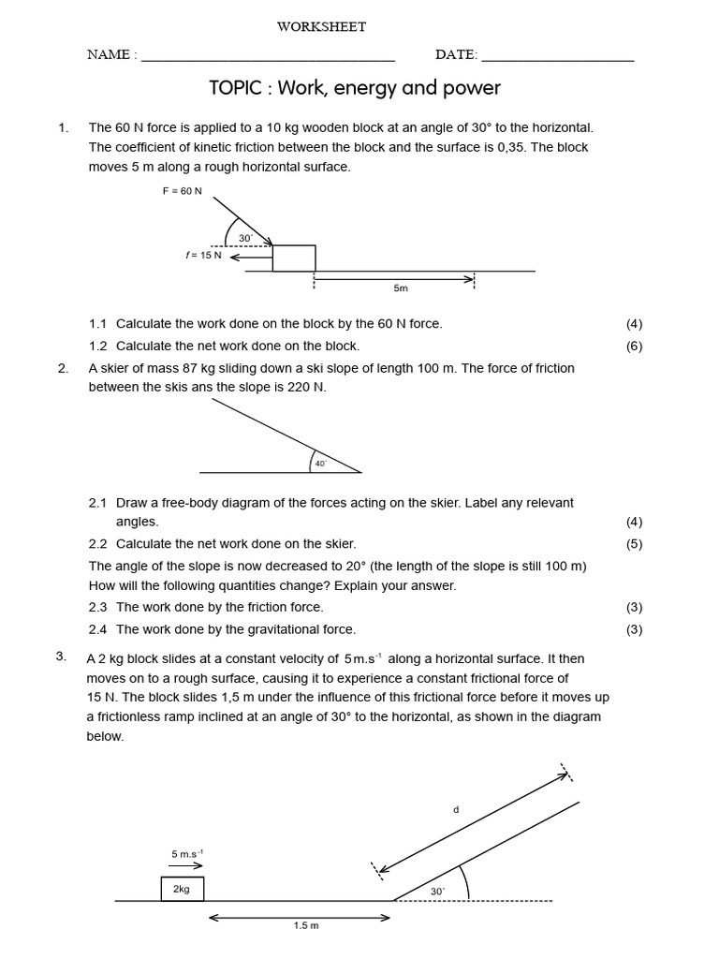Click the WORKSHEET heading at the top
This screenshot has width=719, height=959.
pyautogui.click(x=321, y=27)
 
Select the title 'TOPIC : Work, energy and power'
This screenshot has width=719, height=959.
pyautogui.click(x=355, y=88)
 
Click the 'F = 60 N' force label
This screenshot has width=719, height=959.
pyautogui.click(x=182, y=191)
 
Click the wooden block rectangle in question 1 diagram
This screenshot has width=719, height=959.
pyautogui.click(x=294, y=258)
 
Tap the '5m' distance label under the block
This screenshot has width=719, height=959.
pyautogui.click(x=401, y=288)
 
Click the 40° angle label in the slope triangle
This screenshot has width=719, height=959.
pyautogui.click(x=321, y=463)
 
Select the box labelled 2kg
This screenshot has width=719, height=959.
pyautogui.click(x=182, y=889)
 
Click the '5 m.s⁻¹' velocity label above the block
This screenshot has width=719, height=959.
pyautogui.click(x=187, y=853)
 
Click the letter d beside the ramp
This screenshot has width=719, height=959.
pyautogui.click(x=456, y=809)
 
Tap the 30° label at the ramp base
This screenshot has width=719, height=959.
pyautogui.click(x=437, y=892)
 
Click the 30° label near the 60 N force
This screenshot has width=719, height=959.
pyautogui.click(x=245, y=239)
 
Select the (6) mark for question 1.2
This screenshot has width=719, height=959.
pyautogui.click(x=634, y=346)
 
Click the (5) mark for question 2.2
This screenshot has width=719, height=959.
pyautogui.click(x=634, y=543)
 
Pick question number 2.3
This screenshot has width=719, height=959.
pyautogui.click(x=98, y=607)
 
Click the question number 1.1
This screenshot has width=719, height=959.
pyautogui.click(x=98, y=323)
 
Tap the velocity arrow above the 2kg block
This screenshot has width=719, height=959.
pyautogui.click(x=186, y=866)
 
